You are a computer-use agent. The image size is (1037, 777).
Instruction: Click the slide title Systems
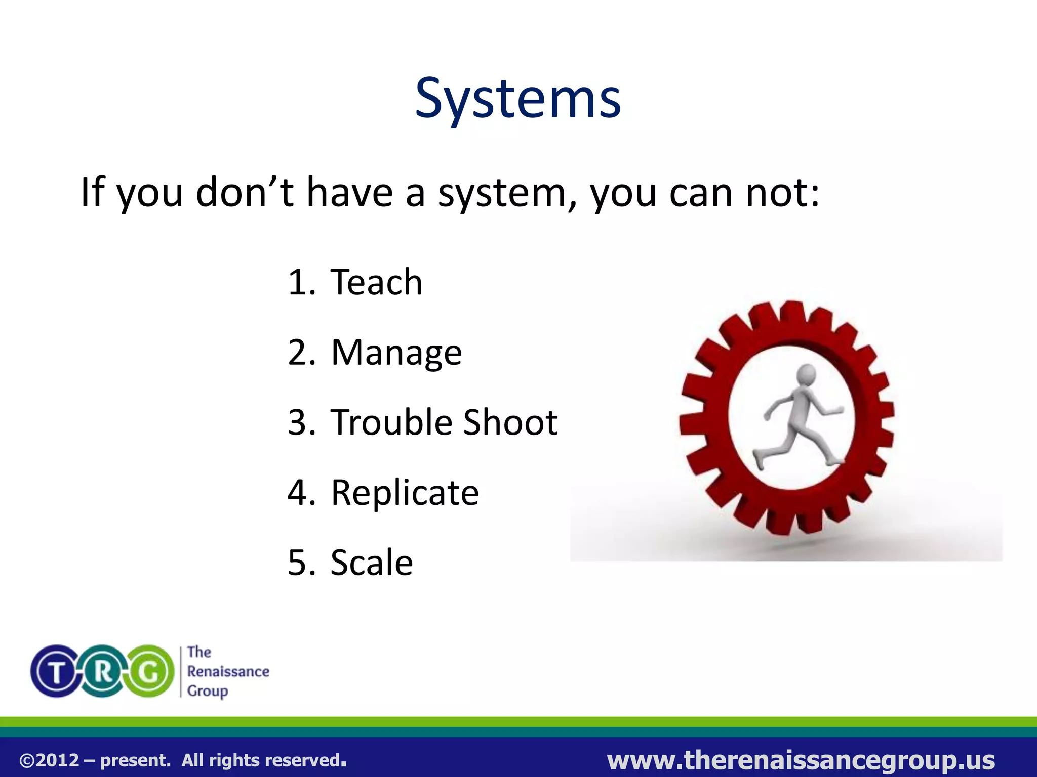(517, 99)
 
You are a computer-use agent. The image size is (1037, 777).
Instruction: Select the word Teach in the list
(376, 282)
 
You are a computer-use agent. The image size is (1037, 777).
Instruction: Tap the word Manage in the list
(396, 353)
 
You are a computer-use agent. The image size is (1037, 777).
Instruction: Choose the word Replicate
(405, 493)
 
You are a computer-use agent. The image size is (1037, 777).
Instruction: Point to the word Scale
(372, 563)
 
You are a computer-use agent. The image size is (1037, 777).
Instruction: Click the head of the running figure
(806, 375)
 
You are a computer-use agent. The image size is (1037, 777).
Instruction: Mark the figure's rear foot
(759, 459)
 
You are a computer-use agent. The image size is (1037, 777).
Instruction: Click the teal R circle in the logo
(103, 672)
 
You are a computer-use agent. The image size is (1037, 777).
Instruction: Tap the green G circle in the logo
(150, 672)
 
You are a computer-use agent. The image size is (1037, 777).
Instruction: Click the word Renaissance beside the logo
(228, 672)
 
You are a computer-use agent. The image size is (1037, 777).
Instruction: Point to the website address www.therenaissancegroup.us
(801, 760)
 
